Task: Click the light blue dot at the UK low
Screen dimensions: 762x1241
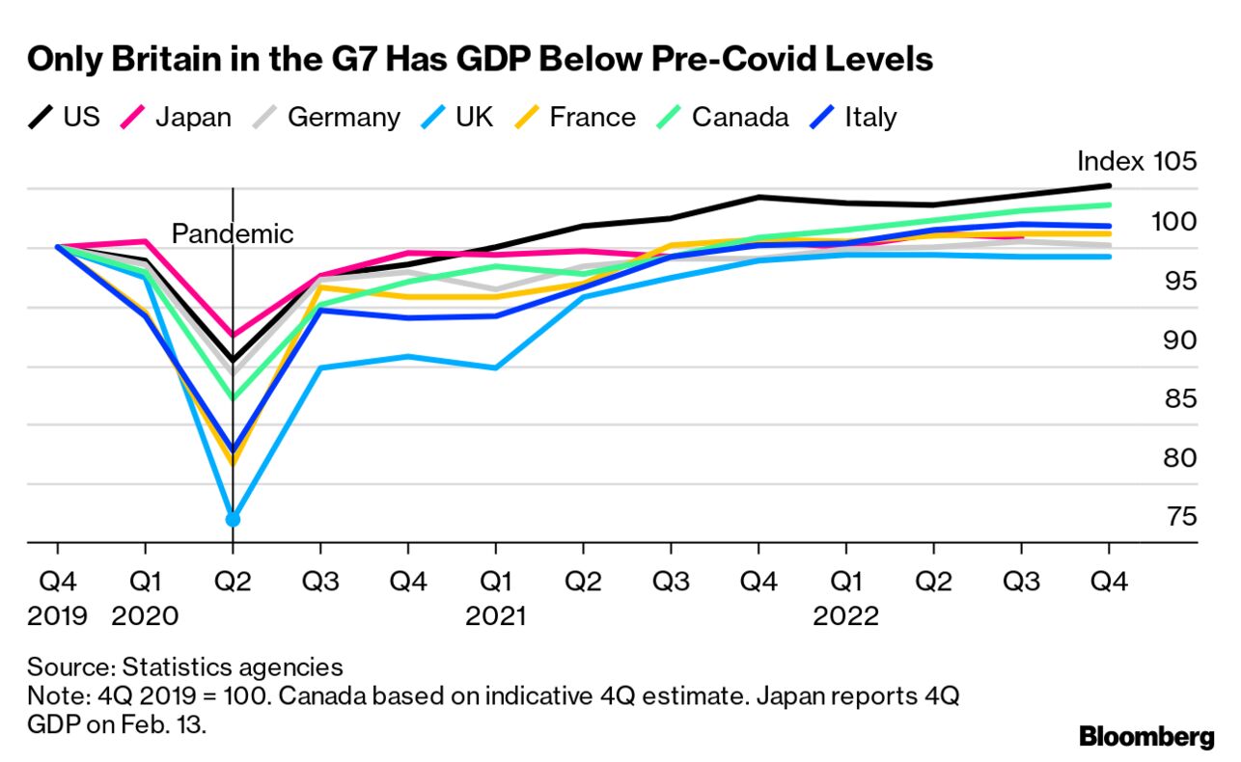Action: (233, 520)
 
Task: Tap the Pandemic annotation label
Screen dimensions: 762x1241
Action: (232, 233)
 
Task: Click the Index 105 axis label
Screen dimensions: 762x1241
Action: (1136, 161)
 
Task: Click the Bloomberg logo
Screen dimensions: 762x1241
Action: (1145, 738)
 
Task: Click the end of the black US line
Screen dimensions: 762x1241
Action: (1109, 185)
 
